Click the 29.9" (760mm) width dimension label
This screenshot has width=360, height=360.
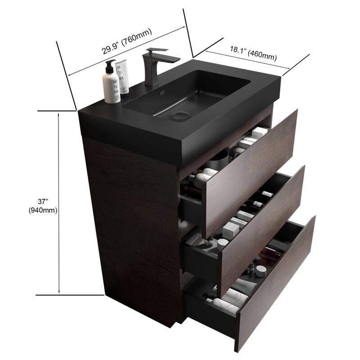[x=126, y=41]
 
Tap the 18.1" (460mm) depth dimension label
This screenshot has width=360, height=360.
[x=253, y=52]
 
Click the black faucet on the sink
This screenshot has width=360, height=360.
[x=151, y=65]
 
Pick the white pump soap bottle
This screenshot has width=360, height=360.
[x=111, y=85]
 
